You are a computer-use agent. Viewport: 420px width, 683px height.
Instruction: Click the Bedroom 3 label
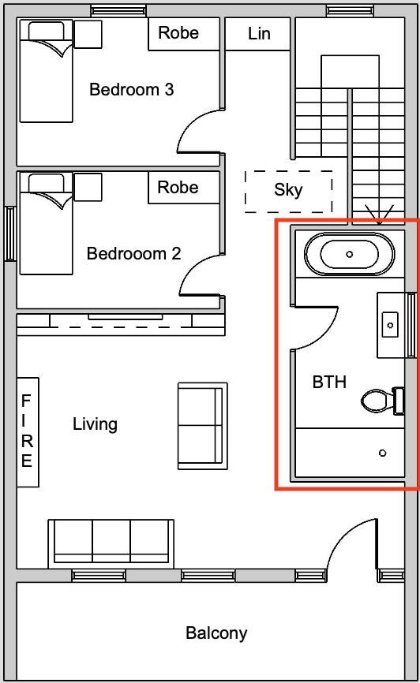pos(131,89)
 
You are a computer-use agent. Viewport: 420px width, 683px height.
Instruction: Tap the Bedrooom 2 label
pos(133,253)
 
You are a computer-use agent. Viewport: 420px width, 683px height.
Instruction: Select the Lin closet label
pos(259,34)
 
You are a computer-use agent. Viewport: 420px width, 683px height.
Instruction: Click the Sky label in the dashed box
pos(288,190)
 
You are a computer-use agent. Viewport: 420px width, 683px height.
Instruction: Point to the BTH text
pos(329,382)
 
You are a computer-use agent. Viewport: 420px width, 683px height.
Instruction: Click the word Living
pos(95,424)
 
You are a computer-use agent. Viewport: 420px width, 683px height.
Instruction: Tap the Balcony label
pos(216,633)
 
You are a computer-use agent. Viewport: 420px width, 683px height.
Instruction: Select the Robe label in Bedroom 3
pos(178,32)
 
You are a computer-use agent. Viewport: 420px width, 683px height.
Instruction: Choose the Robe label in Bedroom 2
pos(178,187)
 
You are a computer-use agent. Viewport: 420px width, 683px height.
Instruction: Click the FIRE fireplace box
pos(28,431)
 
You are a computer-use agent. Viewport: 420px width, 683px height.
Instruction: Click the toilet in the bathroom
pos(383,401)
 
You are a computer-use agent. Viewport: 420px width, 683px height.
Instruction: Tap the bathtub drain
pos(350,255)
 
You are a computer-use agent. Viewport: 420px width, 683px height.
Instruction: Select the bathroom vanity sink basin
pos(390,325)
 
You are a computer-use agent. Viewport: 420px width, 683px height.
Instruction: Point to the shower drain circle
pos(382,453)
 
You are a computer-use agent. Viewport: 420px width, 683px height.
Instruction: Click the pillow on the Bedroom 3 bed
pos(47,31)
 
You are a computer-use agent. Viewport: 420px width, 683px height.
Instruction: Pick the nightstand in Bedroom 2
pos(88,187)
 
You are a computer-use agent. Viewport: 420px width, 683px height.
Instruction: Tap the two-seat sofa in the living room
pos(203,426)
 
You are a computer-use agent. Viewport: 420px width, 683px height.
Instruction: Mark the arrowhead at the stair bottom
pos(380,216)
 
